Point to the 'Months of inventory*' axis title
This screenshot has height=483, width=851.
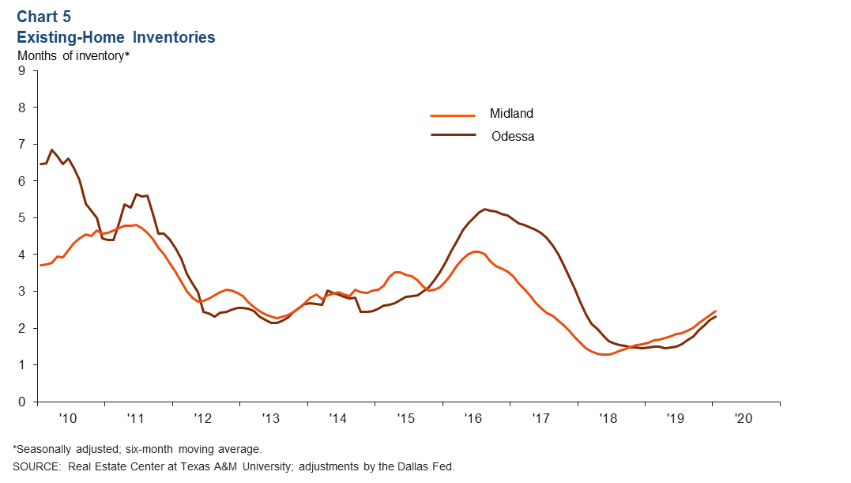[x=73, y=55]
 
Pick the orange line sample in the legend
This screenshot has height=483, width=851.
[x=453, y=115]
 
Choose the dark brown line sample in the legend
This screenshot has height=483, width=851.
[x=453, y=135]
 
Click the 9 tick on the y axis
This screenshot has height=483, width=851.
[x=22, y=71]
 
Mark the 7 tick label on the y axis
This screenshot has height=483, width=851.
[x=22, y=145]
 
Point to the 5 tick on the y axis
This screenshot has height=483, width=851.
[x=22, y=218]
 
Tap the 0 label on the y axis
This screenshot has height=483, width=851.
[x=22, y=402]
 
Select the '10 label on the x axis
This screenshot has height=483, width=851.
[x=68, y=417]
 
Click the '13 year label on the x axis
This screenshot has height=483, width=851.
[x=270, y=417]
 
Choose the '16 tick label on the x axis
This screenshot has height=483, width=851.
[x=473, y=417]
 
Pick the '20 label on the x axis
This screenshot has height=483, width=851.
[x=744, y=417]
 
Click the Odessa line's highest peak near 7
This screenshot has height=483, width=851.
[x=51, y=149]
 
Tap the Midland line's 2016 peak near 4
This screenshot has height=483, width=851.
[x=476, y=251]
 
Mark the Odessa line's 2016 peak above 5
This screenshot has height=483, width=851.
[x=484, y=209]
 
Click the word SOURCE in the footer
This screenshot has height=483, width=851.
[x=36, y=466]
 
